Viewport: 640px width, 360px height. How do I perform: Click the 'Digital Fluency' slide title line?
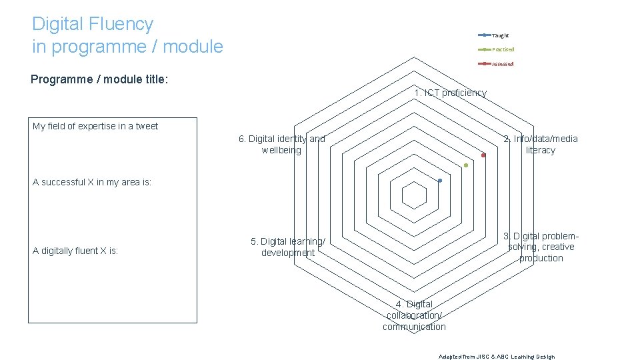point(93,24)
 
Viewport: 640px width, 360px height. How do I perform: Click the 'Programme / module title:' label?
point(99,79)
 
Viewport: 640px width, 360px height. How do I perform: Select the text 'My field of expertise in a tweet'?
point(95,126)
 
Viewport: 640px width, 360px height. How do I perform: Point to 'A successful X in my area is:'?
point(92,182)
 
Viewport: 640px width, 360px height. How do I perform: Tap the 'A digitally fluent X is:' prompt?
point(75,251)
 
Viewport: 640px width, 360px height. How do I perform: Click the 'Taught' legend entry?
point(499,35)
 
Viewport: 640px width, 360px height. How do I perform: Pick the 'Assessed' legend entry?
point(502,64)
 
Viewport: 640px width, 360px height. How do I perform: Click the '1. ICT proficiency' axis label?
point(450,93)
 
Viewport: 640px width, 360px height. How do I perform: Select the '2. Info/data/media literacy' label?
point(540,144)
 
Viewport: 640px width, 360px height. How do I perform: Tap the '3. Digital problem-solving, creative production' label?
point(541,247)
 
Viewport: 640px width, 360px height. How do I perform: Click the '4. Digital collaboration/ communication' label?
point(414,315)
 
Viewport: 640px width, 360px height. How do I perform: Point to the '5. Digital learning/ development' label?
point(288,247)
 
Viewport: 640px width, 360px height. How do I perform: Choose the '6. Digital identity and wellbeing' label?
point(281,144)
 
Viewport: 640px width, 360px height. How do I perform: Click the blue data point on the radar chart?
point(440,181)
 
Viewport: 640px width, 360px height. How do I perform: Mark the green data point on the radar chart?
point(466,165)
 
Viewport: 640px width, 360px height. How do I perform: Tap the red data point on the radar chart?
point(483,155)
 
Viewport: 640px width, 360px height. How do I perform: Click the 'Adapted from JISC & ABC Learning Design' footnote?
point(497,356)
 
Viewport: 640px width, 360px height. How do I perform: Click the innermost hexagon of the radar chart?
point(414,195)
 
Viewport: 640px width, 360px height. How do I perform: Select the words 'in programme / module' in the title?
point(127,47)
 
